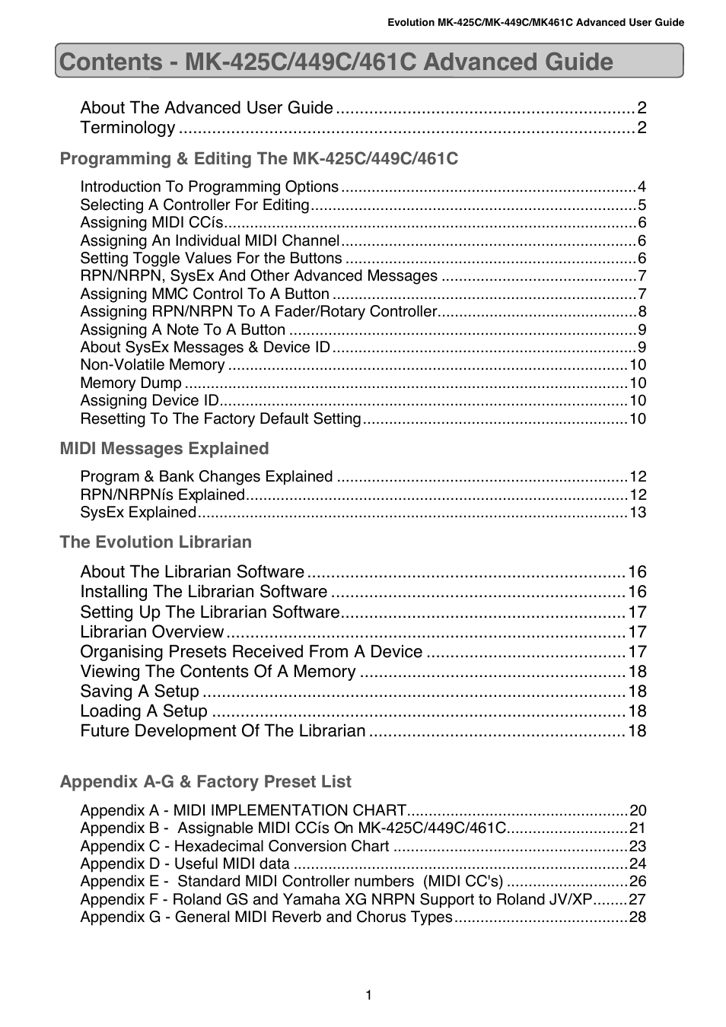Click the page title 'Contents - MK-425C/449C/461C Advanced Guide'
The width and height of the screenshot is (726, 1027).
click(336, 62)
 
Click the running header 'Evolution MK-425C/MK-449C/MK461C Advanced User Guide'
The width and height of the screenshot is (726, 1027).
click(536, 22)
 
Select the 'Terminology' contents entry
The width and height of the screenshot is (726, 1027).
click(128, 128)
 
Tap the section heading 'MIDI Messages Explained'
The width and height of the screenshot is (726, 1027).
click(164, 449)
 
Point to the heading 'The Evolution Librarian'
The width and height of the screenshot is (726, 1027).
click(156, 542)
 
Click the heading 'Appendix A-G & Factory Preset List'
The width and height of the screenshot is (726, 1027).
click(205, 782)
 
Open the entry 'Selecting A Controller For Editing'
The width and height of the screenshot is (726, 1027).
click(195, 205)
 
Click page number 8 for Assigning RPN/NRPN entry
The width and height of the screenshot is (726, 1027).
click(642, 312)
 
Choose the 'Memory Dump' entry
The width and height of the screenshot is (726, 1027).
click(131, 383)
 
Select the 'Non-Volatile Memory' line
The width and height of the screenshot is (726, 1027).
click(152, 365)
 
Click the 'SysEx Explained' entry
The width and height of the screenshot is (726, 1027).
click(139, 513)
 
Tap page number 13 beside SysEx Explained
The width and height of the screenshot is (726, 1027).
click(637, 513)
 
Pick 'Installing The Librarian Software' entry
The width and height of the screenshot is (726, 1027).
click(204, 592)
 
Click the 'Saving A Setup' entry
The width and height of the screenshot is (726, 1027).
click(140, 692)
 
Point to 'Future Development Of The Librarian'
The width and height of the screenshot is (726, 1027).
click(223, 731)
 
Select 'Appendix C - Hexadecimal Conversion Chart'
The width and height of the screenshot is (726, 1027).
click(234, 847)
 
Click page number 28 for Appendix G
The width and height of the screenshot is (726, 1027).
click(637, 917)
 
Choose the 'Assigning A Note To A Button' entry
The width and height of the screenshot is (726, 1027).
click(183, 330)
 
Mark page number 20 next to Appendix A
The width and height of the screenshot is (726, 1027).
click(637, 811)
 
